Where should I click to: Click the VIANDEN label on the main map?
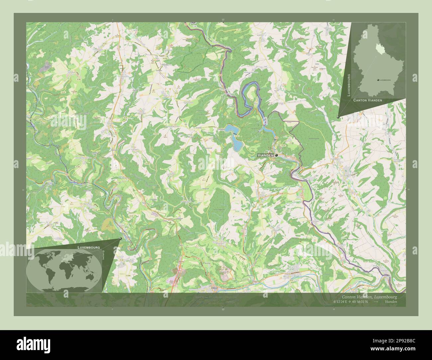pos(265,155)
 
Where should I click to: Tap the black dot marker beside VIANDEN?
pos(276,155)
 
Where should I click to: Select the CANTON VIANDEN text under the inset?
pos(368,100)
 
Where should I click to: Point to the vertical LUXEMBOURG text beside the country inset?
pos(349,85)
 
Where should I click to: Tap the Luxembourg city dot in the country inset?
pos(378,80)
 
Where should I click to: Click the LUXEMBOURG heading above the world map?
pos(88,248)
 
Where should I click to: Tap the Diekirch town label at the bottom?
pos(215,288)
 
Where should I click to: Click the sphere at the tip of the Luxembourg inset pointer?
pos(338,117)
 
